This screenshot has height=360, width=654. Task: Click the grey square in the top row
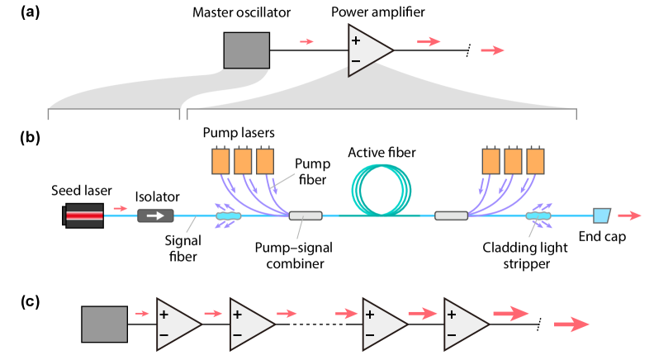point(246,50)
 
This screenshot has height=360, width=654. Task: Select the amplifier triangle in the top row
point(367,50)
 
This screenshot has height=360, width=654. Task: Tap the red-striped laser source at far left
point(84,216)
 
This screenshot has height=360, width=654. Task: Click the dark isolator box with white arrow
point(155,216)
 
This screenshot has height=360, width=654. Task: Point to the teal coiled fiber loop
point(381,188)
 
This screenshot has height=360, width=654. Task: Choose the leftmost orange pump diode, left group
point(220,161)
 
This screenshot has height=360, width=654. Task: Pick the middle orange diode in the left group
point(243,161)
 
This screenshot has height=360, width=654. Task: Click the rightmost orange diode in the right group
point(535,161)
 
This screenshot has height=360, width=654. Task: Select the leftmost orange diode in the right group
point(490,161)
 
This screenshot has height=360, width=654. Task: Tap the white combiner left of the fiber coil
point(306,216)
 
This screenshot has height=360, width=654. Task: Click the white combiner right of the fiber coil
point(451,216)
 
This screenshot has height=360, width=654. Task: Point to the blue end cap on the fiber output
point(601,216)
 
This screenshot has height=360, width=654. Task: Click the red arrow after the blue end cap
point(629,216)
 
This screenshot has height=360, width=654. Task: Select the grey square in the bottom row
point(104,324)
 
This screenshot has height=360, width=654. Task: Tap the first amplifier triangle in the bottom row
point(176,324)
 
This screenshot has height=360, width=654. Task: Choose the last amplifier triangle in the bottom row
point(463,324)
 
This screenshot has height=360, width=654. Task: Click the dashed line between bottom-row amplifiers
point(318,324)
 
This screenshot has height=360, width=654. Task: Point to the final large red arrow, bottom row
point(571,324)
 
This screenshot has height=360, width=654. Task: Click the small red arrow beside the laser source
point(121,208)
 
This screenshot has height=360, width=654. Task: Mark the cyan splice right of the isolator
point(229,216)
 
